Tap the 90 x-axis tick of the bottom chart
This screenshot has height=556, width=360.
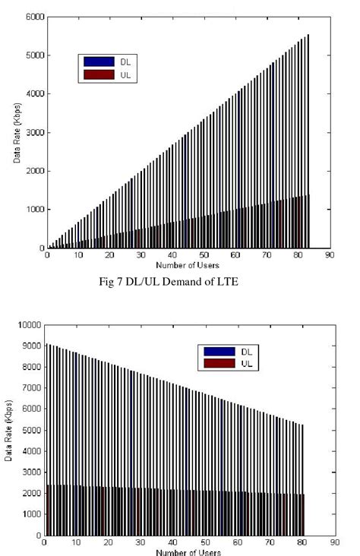(x=335, y=544)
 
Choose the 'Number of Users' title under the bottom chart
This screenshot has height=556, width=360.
(x=189, y=552)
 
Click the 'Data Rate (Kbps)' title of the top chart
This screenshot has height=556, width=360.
(x=16, y=133)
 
